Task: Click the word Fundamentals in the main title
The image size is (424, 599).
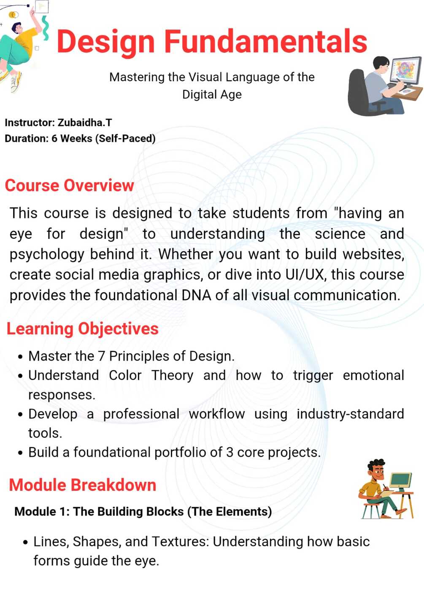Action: pyautogui.click(x=265, y=41)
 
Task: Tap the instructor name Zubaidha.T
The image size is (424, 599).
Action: pyautogui.click(x=85, y=123)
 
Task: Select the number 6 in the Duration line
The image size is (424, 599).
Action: pyautogui.click(x=54, y=139)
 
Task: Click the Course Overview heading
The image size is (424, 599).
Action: pyautogui.click(x=69, y=186)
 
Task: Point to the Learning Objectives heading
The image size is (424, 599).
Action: pyautogui.click(x=83, y=329)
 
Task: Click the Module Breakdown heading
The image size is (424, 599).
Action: pyautogui.click(x=83, y=485)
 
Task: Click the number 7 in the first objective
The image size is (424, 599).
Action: pyautogui.click(x=101, y=356)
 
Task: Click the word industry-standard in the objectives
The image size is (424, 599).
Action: pyautogui.click(x=350, y=414)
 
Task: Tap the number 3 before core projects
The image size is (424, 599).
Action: pyautogui.click(x=230, y=453)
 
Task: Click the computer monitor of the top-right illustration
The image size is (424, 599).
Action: pyautogui.click(x=406, y=70)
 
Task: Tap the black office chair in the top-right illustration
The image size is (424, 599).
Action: pyautogui.click(x=361, y=92)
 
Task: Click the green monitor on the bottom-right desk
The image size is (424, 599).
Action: pyautogui.click(x=400, y=480)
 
